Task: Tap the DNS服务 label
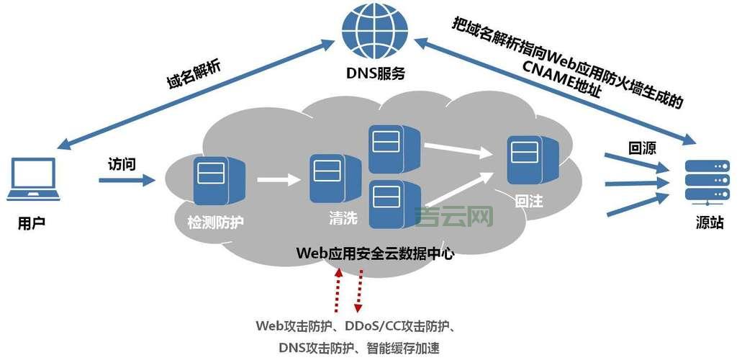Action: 376,73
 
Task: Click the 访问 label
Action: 122,163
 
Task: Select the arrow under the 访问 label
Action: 126,180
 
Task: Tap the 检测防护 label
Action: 215,222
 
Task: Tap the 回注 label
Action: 529,202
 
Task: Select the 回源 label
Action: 643,148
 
